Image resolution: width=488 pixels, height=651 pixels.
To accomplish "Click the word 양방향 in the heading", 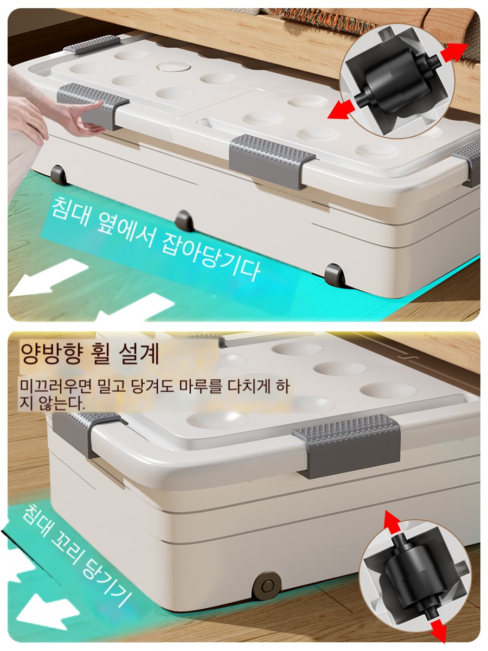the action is point(50,354).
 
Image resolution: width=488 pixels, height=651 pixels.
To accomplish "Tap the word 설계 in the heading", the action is point(139,354).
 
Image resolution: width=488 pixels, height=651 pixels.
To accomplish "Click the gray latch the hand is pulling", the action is point(93,105).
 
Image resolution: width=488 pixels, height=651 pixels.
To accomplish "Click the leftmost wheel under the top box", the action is point(59,175).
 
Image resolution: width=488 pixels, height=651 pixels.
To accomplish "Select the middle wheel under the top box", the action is point(184,221).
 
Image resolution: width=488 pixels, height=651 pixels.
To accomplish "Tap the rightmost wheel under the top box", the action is point(335,275).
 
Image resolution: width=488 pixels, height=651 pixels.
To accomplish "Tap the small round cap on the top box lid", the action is point(174,66).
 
